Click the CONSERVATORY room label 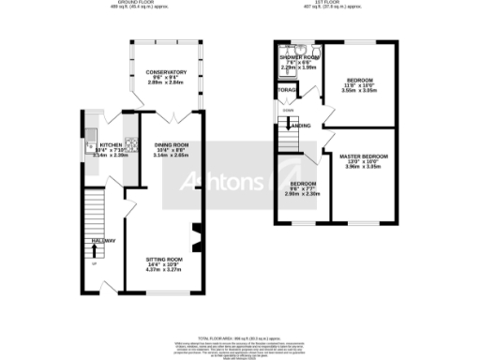tap(165, 72)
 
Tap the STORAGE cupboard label tap(286, 90)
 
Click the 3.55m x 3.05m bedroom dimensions tap(358, 91)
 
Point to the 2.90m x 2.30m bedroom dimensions tap(304, 194)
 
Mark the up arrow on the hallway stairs tap(93, 262)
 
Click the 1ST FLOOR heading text tap(359, 4)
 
